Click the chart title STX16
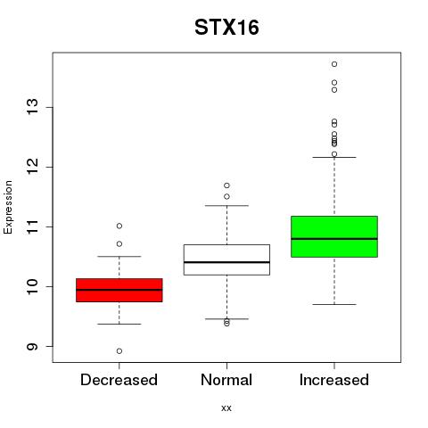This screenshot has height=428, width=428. pyautogui.click(x=226, y=27)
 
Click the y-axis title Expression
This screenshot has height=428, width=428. pyautogui.click(x=8, y=207)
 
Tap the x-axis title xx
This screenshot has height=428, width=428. pyautogui.click(x=226, y=407)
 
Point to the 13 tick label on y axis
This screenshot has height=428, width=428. pyautogui.click(x=33, y=107)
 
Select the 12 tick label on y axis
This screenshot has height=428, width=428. pyautogui.click(x=33, y=167)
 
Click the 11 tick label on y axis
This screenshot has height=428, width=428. pyautogui.click(x=33, y=226)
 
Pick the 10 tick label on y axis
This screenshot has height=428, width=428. pyautogui.click(x=33, y=286)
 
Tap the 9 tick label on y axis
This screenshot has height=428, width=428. pyautogui.click(x=33, y=347)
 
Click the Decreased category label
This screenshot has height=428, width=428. pyautogui.click(x=119, y=380)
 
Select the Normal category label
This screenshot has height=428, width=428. pyautogui.click(x=226, y=380)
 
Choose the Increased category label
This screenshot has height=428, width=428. pyautogui.click(x=334, y=380)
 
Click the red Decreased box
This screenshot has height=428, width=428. pyautogui.click(x=119, y=290)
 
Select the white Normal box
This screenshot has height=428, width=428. pyautogui.click(x=226, y=259)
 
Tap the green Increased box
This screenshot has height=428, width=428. pyautogui.click(x=334, y=236)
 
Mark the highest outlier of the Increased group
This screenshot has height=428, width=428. pyautogui.click(x=334, y=64)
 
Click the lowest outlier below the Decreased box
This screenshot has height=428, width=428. pyautogui.click(x=119, y=351)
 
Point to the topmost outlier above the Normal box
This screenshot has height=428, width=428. pyautogui.click(x=226, y=185)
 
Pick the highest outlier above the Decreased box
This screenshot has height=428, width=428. pyautogui.click(x=119, y=226)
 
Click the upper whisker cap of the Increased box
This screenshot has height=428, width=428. pyautogui.click(x=334, y=157)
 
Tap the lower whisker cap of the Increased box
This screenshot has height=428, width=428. pyautogui.click(x=334, y=304)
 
